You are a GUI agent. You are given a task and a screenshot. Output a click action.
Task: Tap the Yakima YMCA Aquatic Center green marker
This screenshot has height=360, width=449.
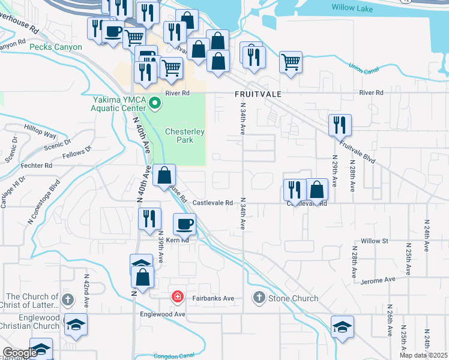click(x=156, y=104)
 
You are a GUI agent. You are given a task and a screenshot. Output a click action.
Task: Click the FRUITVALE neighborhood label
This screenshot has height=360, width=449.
click(x=258, y=95)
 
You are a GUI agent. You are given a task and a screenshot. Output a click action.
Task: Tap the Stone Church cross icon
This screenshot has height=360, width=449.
click(x=259, y=298)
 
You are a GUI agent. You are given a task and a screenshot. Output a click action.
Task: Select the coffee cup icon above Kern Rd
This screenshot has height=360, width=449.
click(x=185, y=224)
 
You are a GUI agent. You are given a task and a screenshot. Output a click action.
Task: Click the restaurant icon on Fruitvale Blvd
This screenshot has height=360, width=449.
click(x=340, y=125)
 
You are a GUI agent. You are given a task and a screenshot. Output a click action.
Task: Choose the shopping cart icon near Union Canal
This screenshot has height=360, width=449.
click(x=291, y=61)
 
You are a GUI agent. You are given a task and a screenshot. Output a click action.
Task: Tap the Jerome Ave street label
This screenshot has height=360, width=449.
click(x=378, y=280)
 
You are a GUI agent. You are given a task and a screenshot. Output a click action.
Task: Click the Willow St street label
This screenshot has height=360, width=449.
click(x=375, y=241)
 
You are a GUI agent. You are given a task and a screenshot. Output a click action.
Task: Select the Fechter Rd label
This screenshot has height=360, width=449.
click(x=35, y=165)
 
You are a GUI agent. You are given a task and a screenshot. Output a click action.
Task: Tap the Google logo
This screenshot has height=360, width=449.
click(x=20, y=353)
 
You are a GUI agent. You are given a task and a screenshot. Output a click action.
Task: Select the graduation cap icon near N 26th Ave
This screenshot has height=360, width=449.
click(x=342, y=327)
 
